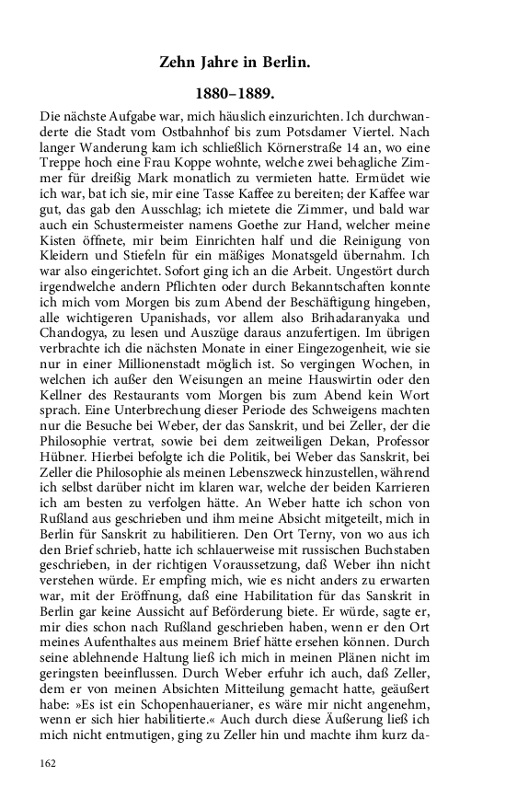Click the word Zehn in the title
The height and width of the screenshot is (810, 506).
(x=180, y=63)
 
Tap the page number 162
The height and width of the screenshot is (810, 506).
(x=50, y=763)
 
